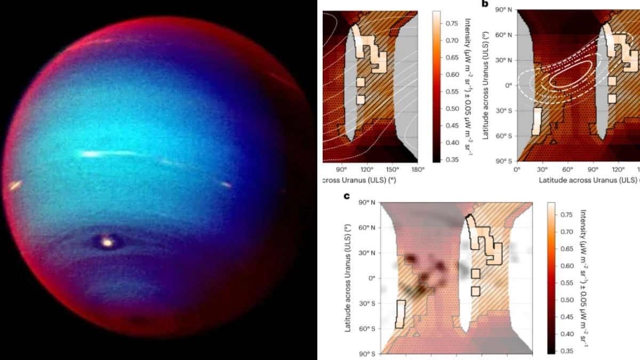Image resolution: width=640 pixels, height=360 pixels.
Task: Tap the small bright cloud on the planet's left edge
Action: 14,185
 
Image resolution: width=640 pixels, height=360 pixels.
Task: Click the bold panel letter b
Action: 485,4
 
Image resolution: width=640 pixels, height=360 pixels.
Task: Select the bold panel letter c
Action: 347,196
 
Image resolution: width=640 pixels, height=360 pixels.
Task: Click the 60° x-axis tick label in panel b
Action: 567,170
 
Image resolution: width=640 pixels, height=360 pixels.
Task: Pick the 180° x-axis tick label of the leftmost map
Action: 418,170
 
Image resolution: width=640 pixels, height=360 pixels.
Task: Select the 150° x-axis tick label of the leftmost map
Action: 393,170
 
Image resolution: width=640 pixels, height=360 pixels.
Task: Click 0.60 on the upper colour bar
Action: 453,74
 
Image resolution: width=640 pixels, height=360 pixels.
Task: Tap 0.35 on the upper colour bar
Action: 453,159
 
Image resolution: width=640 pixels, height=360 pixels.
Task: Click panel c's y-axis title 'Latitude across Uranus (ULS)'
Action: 349,277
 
